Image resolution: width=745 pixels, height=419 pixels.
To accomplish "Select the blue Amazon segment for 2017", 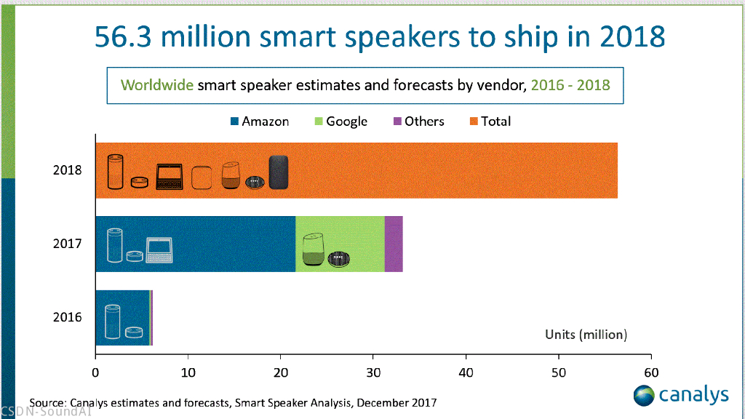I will [218, 244].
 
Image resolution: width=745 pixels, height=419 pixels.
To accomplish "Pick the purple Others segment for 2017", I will [394, 244].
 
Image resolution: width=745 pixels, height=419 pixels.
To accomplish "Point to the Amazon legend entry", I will [259, 121].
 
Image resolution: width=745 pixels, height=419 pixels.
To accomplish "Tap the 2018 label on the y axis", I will [67, 171].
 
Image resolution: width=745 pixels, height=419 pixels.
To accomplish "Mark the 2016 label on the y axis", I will [67, 317].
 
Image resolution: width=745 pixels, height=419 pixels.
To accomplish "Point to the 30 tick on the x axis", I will [373, 371].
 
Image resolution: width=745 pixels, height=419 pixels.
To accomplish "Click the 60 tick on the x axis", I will [651, 371].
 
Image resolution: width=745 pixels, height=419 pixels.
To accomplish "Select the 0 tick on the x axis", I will [95, 371].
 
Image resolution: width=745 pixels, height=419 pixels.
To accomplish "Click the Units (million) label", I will [586, 335].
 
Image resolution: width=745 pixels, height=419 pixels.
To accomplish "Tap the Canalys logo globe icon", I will [644, 396].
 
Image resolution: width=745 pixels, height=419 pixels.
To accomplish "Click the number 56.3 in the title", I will [125, 37].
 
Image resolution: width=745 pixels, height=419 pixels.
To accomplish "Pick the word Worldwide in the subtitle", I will [157, 84].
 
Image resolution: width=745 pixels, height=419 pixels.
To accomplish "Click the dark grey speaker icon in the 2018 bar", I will [279, 172].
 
